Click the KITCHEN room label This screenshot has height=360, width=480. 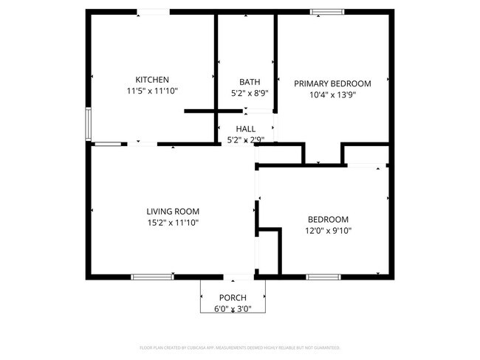click(152, 80)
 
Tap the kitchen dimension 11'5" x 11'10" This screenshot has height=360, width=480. click(152, 91)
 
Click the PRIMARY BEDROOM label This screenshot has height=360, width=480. click(332, 83)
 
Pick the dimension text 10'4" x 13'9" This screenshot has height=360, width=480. click(332, 94)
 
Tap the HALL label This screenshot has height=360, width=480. click(246, 128)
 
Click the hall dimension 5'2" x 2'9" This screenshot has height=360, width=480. click(246, 139)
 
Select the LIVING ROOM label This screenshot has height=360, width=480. click(172, 211)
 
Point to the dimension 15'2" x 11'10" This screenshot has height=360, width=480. click(172, 222)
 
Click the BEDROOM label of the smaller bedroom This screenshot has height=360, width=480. click(328, 219)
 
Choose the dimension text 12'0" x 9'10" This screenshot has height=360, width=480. click(328, 230)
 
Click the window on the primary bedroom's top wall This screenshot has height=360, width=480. click(326, 12)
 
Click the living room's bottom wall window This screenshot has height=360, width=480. click(152, 277)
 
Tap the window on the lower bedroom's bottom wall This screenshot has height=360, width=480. click(323, 277)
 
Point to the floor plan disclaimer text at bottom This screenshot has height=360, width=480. click(240, 347)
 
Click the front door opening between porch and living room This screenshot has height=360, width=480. click(238, 278)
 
